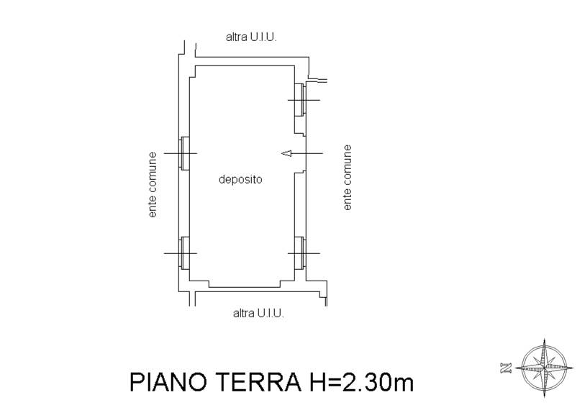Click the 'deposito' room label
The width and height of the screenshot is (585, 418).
click(x=240, y=180)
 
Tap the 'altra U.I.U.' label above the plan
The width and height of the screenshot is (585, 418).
click(x=251, y=37)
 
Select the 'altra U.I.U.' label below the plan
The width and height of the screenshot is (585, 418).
click(x=258, y=313)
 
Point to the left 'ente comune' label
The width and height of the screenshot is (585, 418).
click(x=153, y=185)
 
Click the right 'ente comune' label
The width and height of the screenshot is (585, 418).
click(x=347, y=178)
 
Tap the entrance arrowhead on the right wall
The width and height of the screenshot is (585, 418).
click(x=286, y=153)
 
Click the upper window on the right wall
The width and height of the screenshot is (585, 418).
click(x=300, y=99)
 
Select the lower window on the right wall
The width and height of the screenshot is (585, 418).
click(x=300, y=253)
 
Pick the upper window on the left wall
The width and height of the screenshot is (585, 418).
click(x=184, y=153)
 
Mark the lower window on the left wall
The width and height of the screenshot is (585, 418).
click(x=184, y=253)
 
